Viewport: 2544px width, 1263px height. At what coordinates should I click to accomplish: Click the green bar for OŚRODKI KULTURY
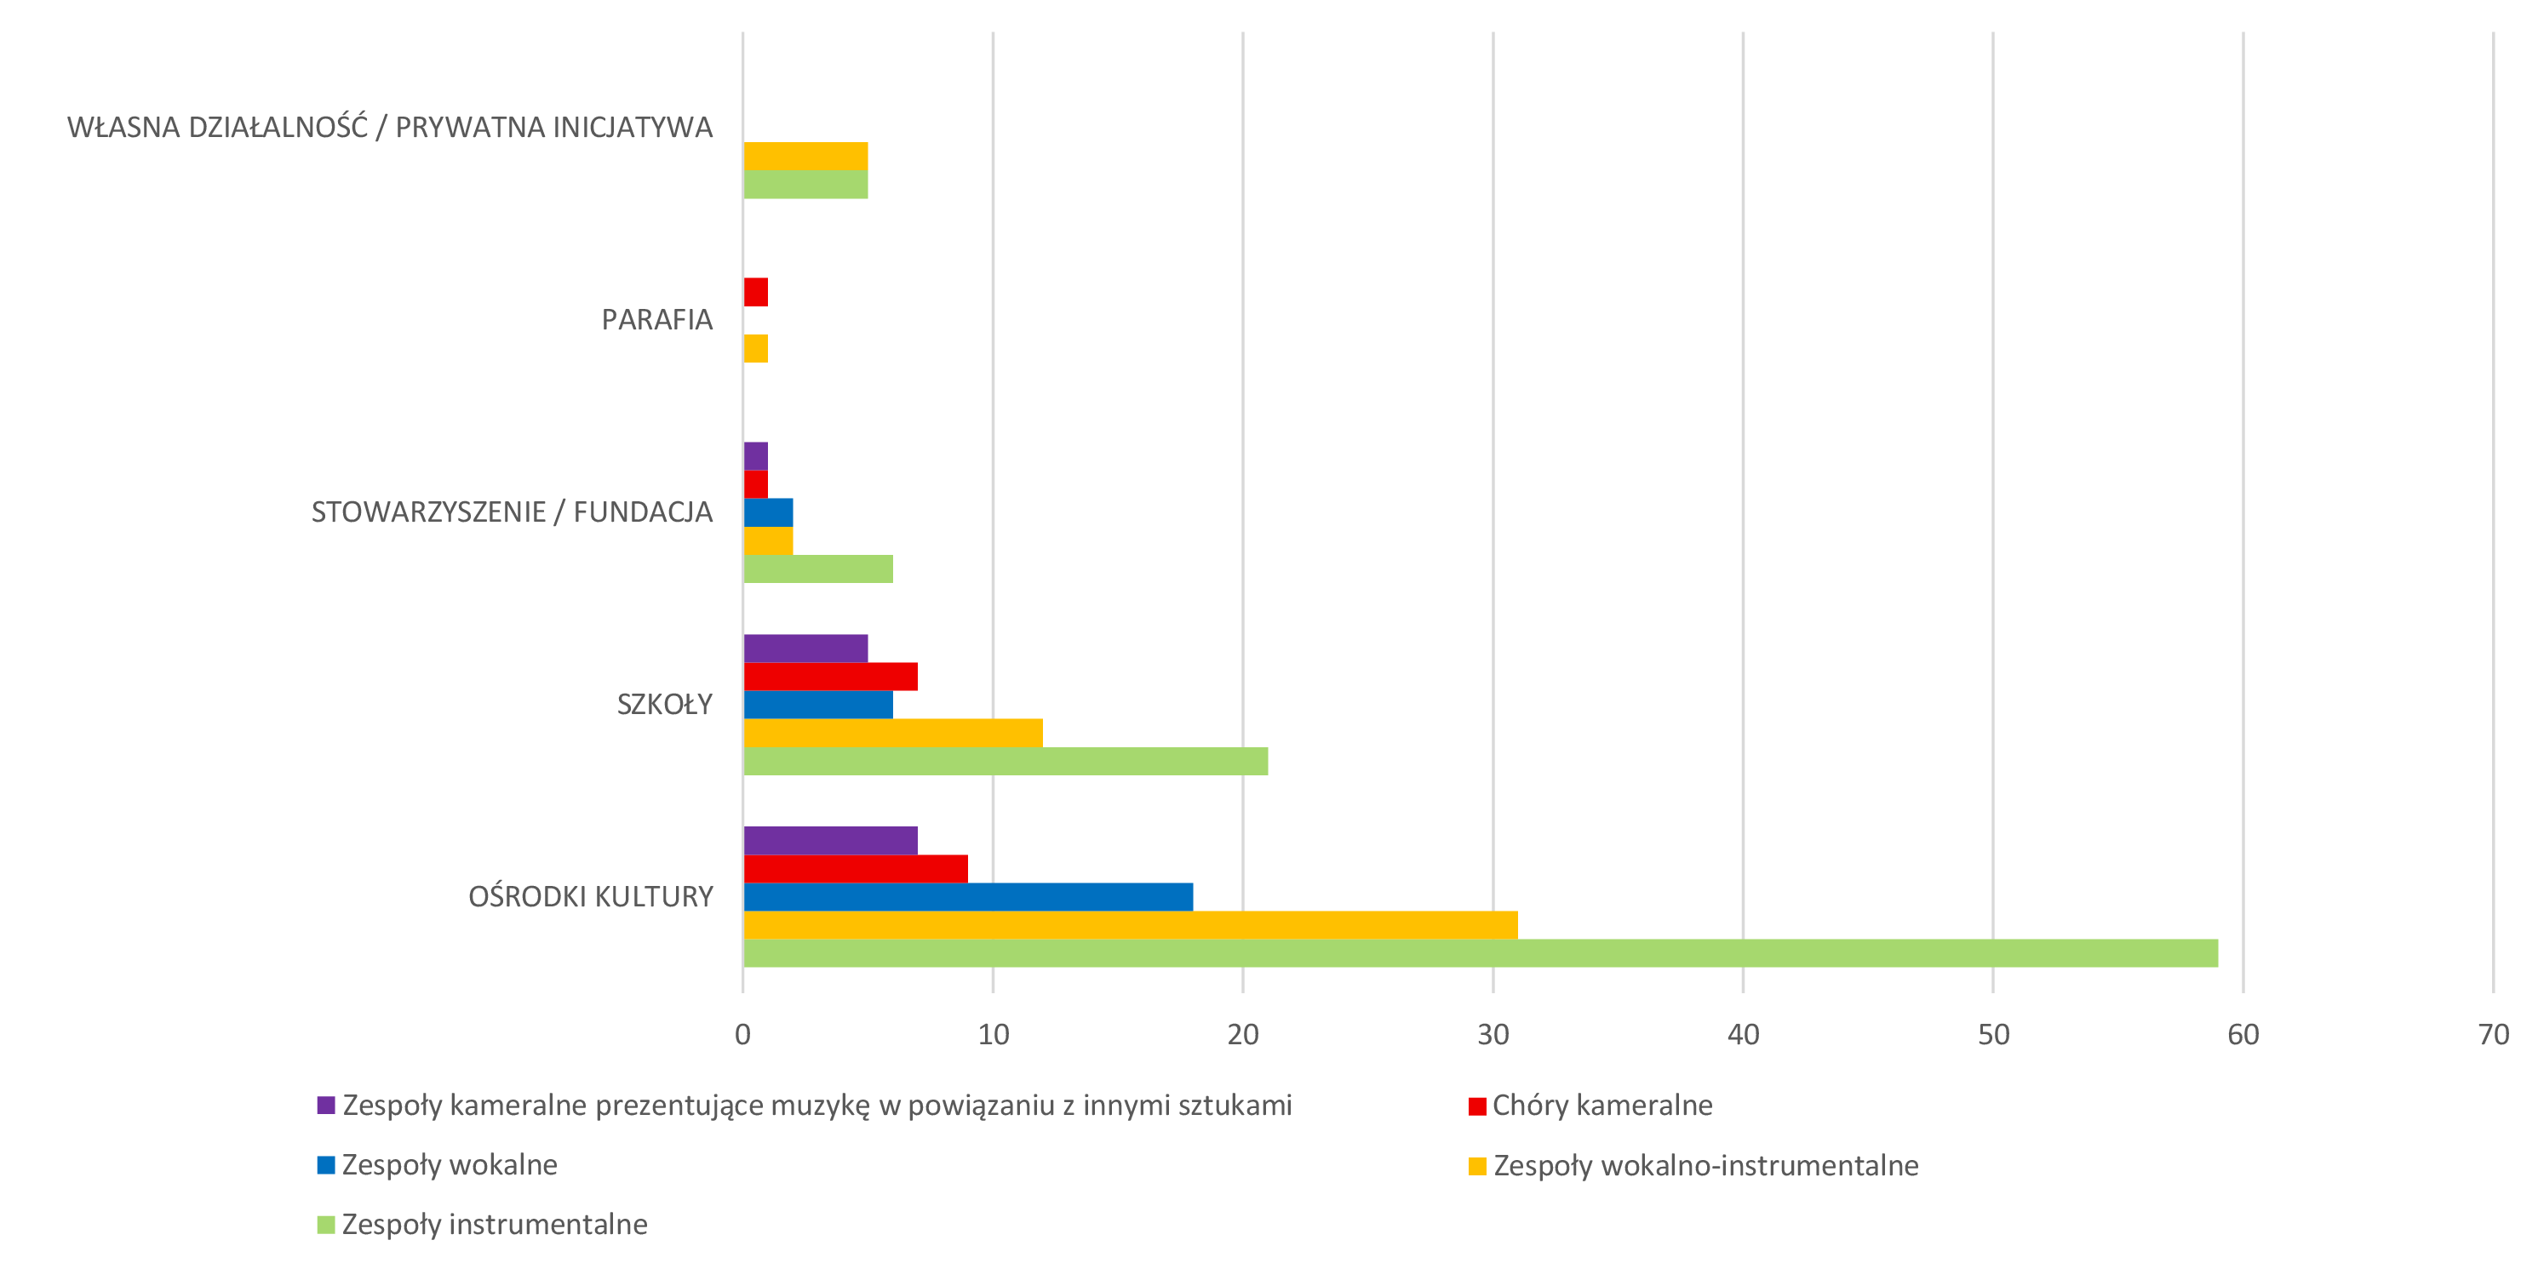point(1481,953)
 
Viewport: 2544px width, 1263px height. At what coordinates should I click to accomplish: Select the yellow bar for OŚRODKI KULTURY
point(1131,925)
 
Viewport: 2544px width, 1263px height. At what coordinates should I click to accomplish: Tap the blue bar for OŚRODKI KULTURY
point(968,897)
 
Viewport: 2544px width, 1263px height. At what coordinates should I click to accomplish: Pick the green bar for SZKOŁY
point(1006,762)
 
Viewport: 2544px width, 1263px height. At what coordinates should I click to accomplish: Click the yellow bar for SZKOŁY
point(893,733)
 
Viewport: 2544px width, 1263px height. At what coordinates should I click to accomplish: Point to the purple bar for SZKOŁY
point(806,648)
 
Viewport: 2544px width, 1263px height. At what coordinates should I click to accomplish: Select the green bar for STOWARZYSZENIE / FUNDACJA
point(817,569)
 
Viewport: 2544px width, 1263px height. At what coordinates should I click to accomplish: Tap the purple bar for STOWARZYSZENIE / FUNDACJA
point(755,456)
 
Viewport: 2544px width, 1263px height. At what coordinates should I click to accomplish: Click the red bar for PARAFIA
point(755,292)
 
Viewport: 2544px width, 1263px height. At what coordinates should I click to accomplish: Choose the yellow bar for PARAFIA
point(755,349)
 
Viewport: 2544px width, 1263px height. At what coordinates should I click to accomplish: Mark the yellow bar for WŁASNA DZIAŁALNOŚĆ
point(806,156)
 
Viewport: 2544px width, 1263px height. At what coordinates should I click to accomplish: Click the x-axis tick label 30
point(1493,1034)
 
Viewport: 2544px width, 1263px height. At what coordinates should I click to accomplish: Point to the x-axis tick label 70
point(2494,1034)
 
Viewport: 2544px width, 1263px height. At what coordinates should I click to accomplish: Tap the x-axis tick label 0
point(742,1034)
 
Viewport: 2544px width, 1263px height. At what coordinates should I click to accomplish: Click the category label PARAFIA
point(656,320)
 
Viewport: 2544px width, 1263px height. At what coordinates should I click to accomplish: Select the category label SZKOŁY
point(665,704)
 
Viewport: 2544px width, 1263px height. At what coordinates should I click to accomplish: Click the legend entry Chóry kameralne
point(1591,1105)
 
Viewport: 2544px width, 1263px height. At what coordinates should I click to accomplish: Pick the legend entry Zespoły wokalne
point(438,1165)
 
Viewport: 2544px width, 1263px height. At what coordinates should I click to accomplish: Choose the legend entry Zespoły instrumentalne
point(483,1225)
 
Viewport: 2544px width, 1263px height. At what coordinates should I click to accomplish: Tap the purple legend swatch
point(326,1105)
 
